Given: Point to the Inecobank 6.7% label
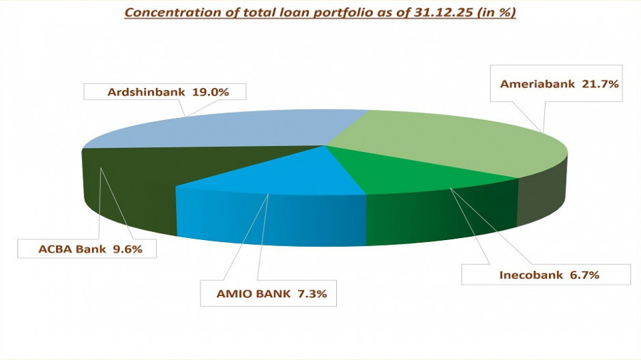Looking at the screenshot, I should (534, 275).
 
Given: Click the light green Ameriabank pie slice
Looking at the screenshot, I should (450, 143).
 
